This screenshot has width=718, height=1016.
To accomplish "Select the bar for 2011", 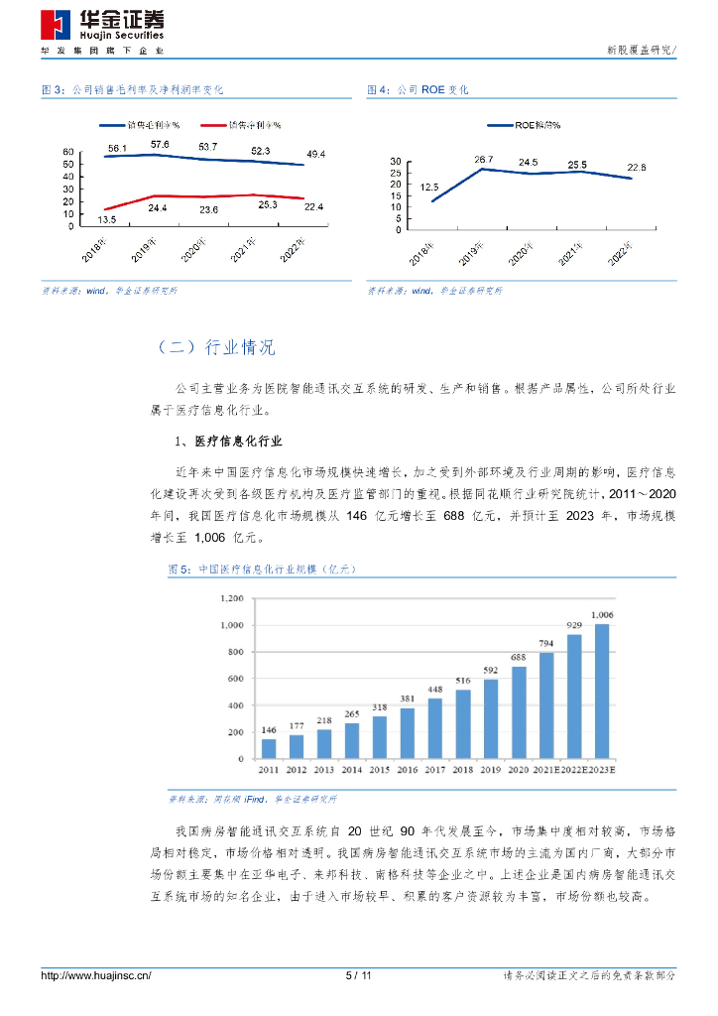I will coord(269,749).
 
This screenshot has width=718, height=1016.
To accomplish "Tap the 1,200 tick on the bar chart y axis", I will coord(231,598).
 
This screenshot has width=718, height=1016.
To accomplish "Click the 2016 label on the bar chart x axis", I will coord(408,771).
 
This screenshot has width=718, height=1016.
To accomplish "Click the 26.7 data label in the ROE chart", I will coord(483,159).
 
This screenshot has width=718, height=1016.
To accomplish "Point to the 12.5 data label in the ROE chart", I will coord(429,186).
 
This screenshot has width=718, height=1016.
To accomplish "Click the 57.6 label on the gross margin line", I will coord(161,145).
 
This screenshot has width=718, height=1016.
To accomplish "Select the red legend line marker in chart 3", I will coord(212,125).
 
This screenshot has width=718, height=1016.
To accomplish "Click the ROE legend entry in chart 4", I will coord(524,125).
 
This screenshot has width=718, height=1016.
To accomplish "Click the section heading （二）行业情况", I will coord(216,347).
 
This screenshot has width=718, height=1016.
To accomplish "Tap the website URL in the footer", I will coord(95,976).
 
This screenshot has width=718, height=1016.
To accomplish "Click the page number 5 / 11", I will coord(358,976).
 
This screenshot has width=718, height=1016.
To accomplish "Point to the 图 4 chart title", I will coord(418,89).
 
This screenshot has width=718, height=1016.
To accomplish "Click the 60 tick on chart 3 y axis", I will coord(68,152).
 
